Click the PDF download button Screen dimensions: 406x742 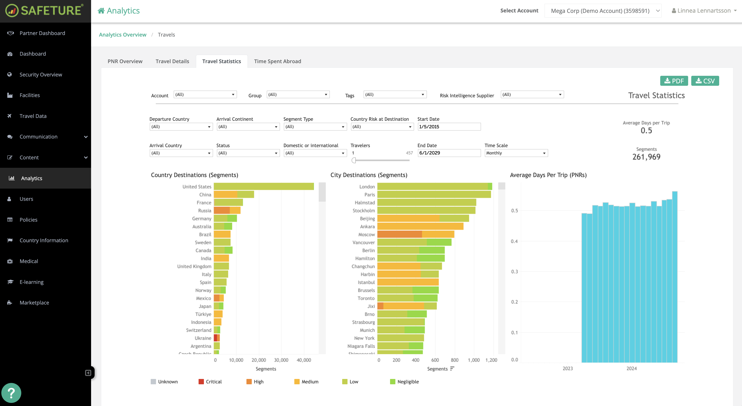[x=674, y=81]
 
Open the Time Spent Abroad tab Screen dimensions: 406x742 [x=277, y=61]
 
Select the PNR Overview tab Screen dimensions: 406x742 [x=125, y=61]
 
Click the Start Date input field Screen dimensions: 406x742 [x=449, y=127]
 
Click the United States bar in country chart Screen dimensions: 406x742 [x=264, y=187]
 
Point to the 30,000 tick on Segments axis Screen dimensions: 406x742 [x=281, y=360]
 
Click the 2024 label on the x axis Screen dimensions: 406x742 [x=631, y=368]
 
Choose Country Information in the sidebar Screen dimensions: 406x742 [x=44, y=240]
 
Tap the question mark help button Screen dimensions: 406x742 [x=11, y=393]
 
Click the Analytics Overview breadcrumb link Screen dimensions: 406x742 [x=122, y=35]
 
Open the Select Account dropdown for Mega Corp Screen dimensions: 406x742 [x=603, y=11]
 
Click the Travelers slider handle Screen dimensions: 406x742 [x=354, y=160]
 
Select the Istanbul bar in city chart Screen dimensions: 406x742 [x=408, y=282]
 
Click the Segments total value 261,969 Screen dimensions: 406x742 [x=646, y=157]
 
